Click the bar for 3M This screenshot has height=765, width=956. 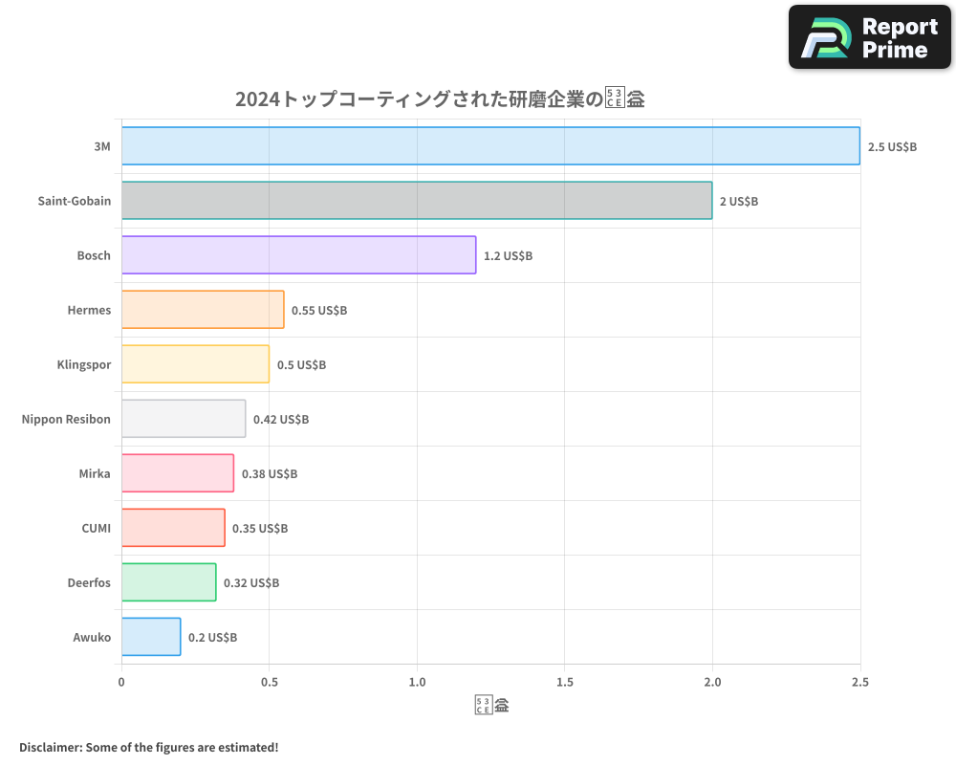tap(490, 146)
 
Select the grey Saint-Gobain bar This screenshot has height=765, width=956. tap(417, 201)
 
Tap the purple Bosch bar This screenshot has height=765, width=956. tap(298, 255)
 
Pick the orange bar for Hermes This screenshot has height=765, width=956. tap(203, 310)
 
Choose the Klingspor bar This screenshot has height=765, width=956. tap(195, 364)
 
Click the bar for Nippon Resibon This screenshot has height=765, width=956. tap(184, 419)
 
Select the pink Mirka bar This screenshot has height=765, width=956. tap(178, 473)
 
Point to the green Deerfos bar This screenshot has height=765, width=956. tap(168, 582)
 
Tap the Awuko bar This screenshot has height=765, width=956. tap(151, 637)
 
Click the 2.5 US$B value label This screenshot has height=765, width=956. tap(892, 147)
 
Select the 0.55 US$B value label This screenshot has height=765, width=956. tap(319, 311)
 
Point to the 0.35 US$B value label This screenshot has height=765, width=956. tap(260, 529)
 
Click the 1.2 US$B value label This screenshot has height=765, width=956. tap(508, 256)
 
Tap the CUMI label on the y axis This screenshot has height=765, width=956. tap(97, 528)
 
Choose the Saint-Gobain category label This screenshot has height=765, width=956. tap(75, 201)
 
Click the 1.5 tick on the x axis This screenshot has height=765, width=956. tap(564, 683)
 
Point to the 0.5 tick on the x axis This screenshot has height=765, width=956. tap(269, 683)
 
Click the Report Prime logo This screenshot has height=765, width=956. tap(869, 37)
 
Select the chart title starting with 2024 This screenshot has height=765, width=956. tap(440, 98)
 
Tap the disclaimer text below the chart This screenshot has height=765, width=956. tap(148, 747)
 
